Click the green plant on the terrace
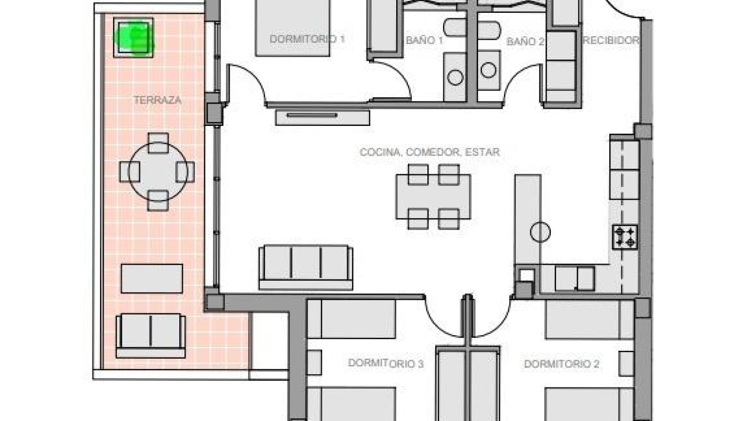[x=133, y=37]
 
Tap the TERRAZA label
[x=158, y=100]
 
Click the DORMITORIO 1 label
[x=307, y=39]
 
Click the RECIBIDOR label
[x=610, y=40]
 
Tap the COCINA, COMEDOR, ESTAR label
[x=429, y=151]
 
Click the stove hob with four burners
[x=625, y=237]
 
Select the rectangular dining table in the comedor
[x=433, y=197]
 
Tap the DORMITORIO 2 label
[x=561, y=364]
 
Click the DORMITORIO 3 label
[x=386, y=364]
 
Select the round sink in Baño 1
[x=455, y=77]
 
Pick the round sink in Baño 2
[x=488, y=70]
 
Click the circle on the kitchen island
[x=540, y=232]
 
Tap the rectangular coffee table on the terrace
[x=151, y=278]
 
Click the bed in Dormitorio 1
[x=293, y=28]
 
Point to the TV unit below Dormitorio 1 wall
[x=322, y=116]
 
